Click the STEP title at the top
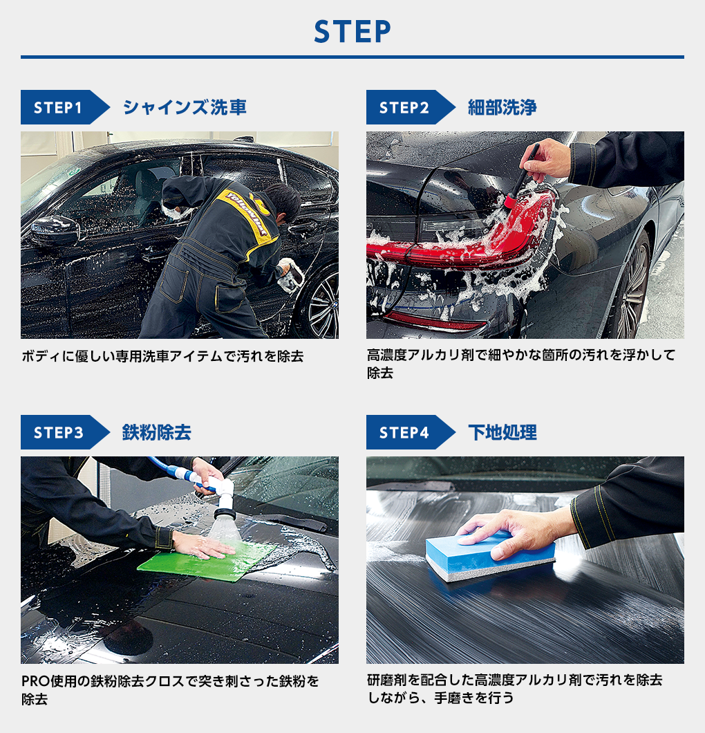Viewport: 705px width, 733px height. (x=352, y=31)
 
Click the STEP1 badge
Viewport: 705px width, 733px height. (x=59, y=107)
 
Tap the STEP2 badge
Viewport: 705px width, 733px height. (x=404, y=107)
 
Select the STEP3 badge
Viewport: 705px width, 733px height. (x=59, y=432)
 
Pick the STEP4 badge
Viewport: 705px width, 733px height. (x=404, y=432)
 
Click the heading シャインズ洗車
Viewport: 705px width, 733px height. (x=184, y=107)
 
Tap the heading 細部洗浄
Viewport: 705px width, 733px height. (x=502, y=107)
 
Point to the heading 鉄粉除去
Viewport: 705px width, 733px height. (x=156, y=432)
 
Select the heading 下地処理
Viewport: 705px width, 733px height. (x=502, y=432)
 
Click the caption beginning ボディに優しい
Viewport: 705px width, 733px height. (x=162, y=357)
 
